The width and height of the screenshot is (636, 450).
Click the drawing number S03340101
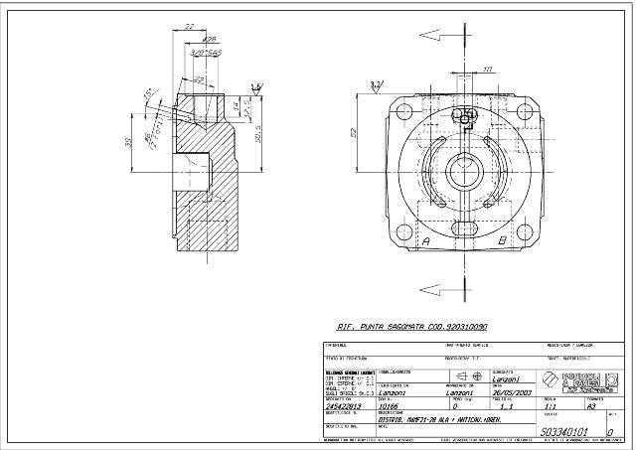click(x=562, y=432)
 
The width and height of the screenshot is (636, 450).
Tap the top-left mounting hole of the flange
click(x=402, y=110)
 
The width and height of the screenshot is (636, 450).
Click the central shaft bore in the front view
click(x=465, y=172)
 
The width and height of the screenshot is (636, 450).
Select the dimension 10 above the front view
click(x=487, y=69)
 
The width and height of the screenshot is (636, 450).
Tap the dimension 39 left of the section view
click(x=128, y=142)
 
